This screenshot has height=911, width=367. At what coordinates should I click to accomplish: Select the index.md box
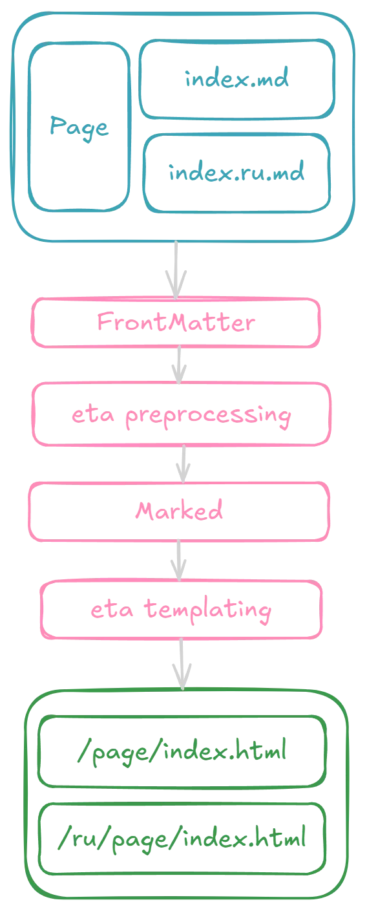237,80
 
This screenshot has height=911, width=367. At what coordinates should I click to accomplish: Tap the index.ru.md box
236,173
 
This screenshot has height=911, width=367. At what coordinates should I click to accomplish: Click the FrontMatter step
176,323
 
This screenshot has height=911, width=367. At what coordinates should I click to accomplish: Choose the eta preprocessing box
182,414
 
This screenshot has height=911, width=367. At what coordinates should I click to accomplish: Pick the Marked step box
179,511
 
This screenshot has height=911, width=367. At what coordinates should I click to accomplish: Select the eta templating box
182,610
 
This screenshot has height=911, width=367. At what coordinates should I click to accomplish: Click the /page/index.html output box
182,751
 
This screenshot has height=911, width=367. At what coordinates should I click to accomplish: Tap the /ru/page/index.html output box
182,839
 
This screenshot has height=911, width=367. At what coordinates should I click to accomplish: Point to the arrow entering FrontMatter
176,270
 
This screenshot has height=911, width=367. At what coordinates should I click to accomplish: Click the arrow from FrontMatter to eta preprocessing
179,365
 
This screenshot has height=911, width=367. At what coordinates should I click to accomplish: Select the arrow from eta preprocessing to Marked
183,464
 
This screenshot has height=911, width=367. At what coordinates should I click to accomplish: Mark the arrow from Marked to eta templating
178,561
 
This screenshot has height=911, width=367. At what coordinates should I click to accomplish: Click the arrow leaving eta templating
182,664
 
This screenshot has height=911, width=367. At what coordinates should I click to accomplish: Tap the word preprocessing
208,416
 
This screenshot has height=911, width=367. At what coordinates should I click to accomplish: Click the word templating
207,611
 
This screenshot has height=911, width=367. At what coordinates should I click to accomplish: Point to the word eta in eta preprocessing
92,414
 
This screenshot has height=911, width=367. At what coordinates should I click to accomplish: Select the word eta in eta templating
112,609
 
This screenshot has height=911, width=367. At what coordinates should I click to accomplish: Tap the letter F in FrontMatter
105,322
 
